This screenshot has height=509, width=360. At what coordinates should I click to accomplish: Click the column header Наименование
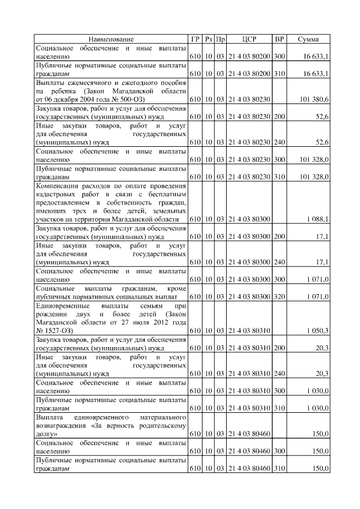tap(111, 39)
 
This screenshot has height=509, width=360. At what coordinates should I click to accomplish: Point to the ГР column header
tap(195, 39)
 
